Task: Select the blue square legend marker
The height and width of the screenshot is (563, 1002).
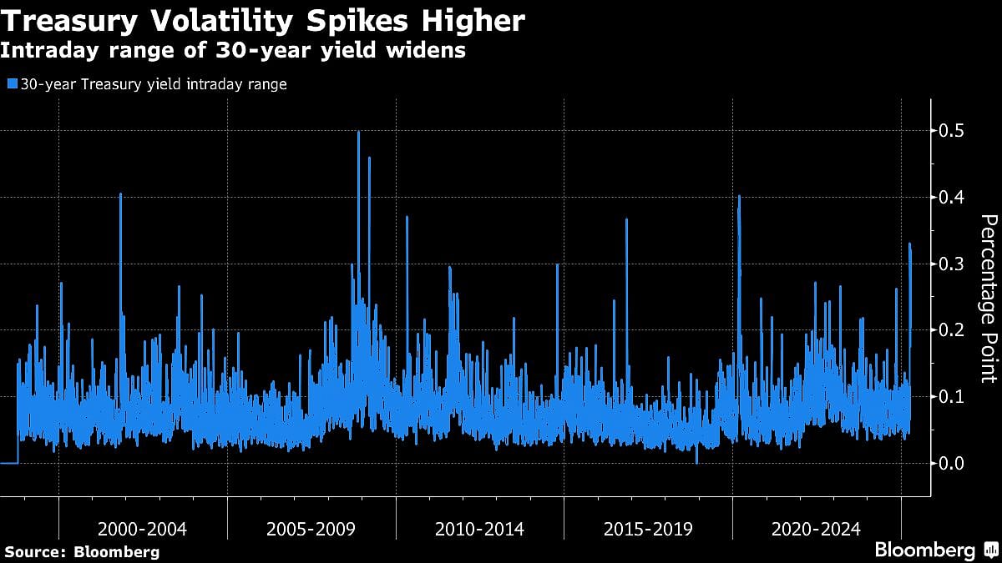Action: [11, 84]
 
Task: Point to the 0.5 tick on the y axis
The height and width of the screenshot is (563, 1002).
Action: [952, 131]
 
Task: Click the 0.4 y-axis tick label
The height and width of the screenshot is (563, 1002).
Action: [952, 198]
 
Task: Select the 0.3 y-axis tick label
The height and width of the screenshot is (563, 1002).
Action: [952, 264]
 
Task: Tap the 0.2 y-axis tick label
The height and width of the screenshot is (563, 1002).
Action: [952, 330]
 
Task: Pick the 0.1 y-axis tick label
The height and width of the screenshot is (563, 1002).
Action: [952, 396]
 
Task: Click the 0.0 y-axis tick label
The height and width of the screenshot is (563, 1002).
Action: [952, 463]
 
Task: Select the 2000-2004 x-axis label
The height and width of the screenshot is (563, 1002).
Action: [142, 529]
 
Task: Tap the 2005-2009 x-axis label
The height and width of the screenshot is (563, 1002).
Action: [311, 529]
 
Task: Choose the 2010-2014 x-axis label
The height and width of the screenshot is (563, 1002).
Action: [479, 529]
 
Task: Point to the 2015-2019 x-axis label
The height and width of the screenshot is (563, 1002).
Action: [648, 529]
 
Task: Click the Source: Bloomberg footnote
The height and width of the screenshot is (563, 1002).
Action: [82, 551]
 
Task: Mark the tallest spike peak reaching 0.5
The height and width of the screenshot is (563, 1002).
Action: [358, 133]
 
